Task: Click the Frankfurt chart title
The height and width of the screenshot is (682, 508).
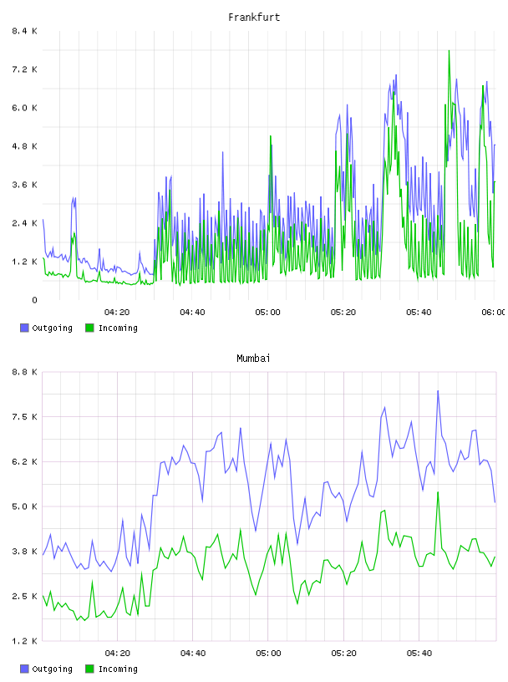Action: point(254,18)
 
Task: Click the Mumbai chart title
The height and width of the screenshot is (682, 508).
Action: point(253,359)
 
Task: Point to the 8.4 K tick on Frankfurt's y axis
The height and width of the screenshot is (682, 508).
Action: point(24,31)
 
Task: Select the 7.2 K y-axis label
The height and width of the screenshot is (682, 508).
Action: point(24,69)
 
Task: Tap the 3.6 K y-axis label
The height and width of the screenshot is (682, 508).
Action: point(24,185)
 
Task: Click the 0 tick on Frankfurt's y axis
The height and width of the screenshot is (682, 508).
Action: point(34,300)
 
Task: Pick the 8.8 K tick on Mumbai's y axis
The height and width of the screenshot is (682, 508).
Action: point(24,372)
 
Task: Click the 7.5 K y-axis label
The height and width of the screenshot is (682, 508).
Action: point(24,417)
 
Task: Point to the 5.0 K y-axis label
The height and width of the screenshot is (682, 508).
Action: point(24,506)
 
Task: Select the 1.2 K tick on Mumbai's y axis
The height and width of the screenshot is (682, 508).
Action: point(24,641)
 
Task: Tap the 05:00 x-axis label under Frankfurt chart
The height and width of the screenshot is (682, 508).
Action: point(267,313)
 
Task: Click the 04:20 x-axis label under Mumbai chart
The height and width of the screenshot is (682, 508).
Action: point(118,654)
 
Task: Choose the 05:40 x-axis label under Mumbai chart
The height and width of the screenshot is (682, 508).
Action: point(419,654)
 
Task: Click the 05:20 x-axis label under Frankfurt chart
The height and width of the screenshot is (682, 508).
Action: point(343,313)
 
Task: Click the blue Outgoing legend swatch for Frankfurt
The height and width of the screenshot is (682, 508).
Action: point(24,328)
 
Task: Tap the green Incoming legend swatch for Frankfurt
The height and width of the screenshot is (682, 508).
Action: point(89,328)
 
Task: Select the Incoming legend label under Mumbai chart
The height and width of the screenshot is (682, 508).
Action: point(118,669)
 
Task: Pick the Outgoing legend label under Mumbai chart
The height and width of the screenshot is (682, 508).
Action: point(52,669)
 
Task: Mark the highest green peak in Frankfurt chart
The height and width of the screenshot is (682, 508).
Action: point(449,50)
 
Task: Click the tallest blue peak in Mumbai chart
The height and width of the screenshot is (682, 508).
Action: point(438,390)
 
